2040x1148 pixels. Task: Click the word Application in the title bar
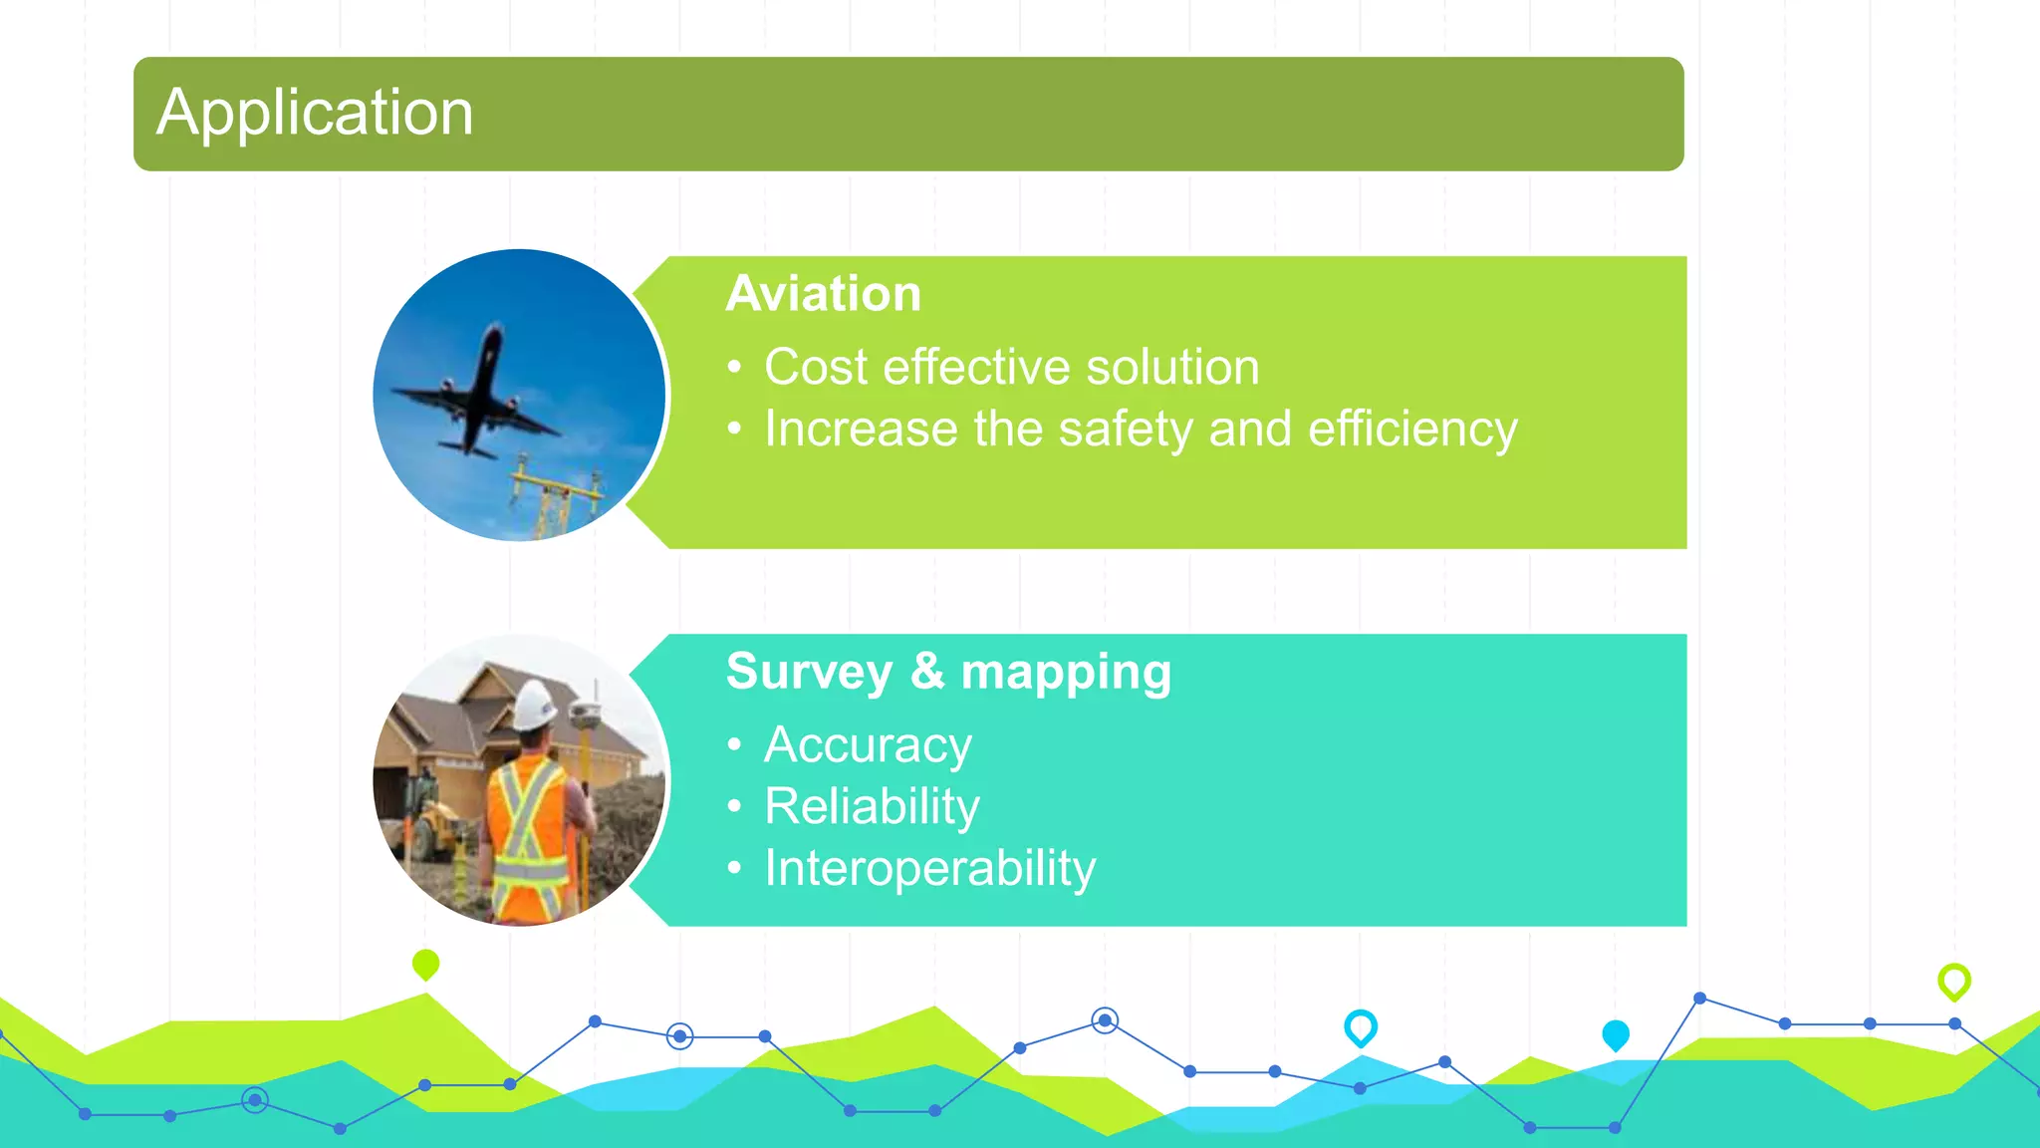(315, 113)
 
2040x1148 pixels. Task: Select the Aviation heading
(824, 294)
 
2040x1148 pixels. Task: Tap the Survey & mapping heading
(948, 672)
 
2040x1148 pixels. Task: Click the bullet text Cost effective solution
(1011, 367)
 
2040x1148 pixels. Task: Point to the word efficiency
(1411, 430)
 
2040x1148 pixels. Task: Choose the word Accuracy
(868, 745)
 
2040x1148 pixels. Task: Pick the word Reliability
(872, 806)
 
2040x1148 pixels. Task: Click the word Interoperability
(929, 868)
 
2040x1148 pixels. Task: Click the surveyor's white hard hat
(535, 705)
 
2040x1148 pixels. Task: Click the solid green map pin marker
(425, 964)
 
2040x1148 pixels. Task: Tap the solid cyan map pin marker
(1615, 1034)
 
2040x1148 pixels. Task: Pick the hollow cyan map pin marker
(1360, 1026)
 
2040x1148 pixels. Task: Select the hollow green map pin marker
(1953, 981)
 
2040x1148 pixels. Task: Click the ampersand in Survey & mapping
(926, 671)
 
